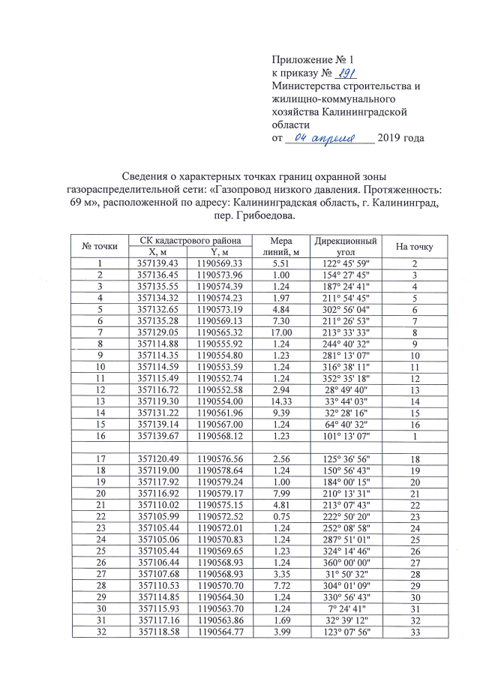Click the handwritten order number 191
pos(344,73)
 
